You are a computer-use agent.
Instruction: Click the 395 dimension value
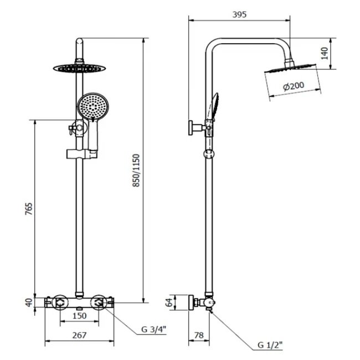pos(239,15)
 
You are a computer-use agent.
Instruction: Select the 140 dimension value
pos(325,53)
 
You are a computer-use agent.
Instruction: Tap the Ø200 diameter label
pos(294,86)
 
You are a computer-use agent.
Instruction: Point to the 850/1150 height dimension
pos(136,171)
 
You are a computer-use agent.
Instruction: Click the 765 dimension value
pos(29,209)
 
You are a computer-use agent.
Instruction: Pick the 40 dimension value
pos(29,302)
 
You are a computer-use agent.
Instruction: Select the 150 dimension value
pos(79,316)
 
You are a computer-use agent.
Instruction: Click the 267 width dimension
pos(79,336)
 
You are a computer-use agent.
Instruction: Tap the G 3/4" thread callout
pos(153,330)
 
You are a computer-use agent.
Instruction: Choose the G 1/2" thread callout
pos(270,345)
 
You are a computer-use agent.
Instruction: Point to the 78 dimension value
pos(199,336)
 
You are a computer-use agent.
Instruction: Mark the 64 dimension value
pos(169,302)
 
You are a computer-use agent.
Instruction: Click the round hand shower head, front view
pos(92,106)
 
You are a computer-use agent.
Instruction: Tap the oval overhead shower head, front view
pos(79,68)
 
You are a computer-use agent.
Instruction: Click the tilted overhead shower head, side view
pos(290,69)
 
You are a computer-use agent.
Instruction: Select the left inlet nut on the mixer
pos(60,302)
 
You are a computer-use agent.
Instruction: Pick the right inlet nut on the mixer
pos(99,302)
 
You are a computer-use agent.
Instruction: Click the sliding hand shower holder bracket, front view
pos(82,154)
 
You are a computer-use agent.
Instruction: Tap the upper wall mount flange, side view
pos(191,127)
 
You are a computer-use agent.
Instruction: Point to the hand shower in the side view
pos(214,107)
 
